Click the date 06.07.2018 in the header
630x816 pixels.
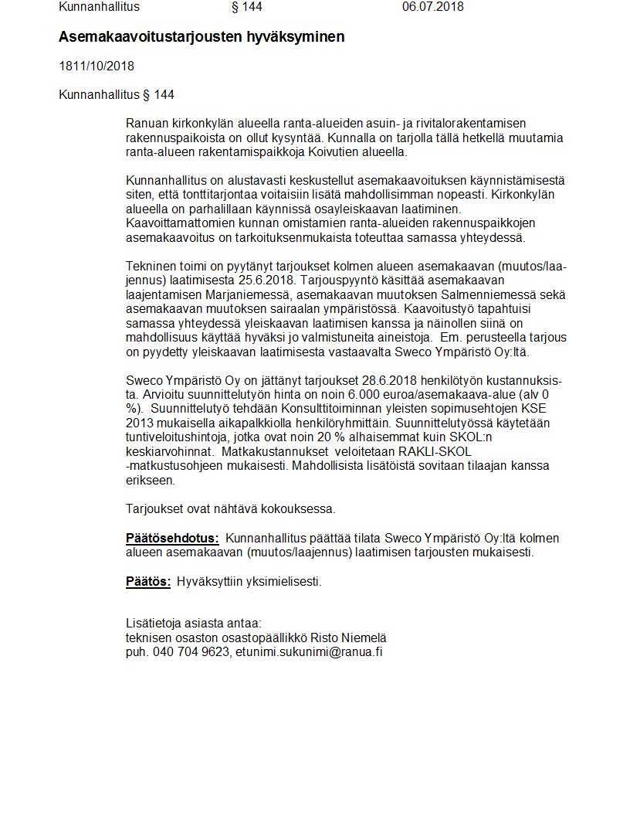432,7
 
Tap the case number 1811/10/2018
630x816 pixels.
97,66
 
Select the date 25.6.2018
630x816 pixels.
274,280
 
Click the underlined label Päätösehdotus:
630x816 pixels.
172,539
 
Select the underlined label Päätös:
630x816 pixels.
148,582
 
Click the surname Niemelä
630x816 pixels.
363,638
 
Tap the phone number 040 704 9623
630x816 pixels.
191,652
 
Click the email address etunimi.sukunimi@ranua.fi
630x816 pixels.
310,652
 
